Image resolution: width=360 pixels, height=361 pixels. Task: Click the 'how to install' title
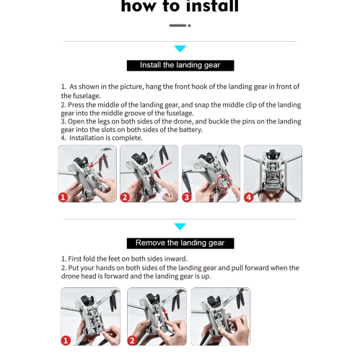pos(180,6)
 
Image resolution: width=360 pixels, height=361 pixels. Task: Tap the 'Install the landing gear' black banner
pos(180,66)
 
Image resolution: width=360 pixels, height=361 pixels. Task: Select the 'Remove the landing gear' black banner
pos(180,243)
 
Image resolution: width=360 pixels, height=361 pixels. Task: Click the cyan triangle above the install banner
pos(180,48)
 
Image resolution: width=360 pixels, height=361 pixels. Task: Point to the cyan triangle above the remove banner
pos(180,226)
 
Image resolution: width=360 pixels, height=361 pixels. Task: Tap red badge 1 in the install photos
pos(63,197)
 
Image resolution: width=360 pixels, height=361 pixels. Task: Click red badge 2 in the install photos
pos(125,197)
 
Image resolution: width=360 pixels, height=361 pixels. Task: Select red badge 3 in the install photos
pos(187,197)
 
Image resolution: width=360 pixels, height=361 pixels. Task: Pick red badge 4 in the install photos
pos(249,197)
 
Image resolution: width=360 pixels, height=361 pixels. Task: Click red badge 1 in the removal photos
pos(66,341)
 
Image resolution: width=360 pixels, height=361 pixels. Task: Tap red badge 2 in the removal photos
pos(132,341)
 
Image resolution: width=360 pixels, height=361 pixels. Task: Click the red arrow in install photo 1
pos(98,161)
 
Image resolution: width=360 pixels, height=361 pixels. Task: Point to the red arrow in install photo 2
pos(162,168)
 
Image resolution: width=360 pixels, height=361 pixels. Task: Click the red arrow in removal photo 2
pos(164,313)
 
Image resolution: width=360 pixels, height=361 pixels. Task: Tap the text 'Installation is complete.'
pos(106,138)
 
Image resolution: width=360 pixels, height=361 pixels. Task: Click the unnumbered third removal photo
pos(221,316)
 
